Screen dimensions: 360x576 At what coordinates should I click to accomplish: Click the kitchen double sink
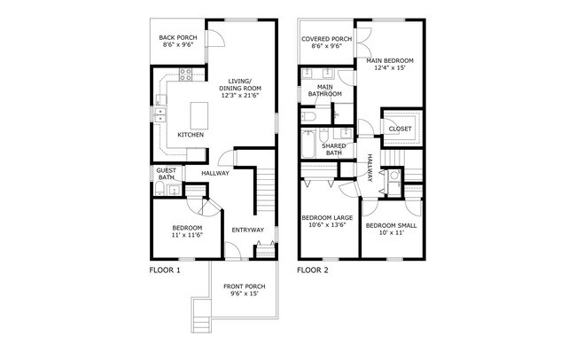point(160,116)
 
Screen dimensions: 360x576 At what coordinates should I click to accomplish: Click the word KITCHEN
point(191,135)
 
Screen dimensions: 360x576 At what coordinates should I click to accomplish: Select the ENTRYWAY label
point(247,231)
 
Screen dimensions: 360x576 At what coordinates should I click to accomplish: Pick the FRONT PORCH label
point(244,286)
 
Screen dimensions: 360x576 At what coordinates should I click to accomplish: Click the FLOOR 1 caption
point(164,270)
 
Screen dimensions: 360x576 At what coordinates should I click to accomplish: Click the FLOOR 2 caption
point(313,270)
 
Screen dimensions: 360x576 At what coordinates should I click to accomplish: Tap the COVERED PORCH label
point(326,39)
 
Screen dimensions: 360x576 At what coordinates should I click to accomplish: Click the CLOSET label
point(400,129)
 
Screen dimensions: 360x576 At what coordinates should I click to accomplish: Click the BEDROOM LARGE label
point(329,217)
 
